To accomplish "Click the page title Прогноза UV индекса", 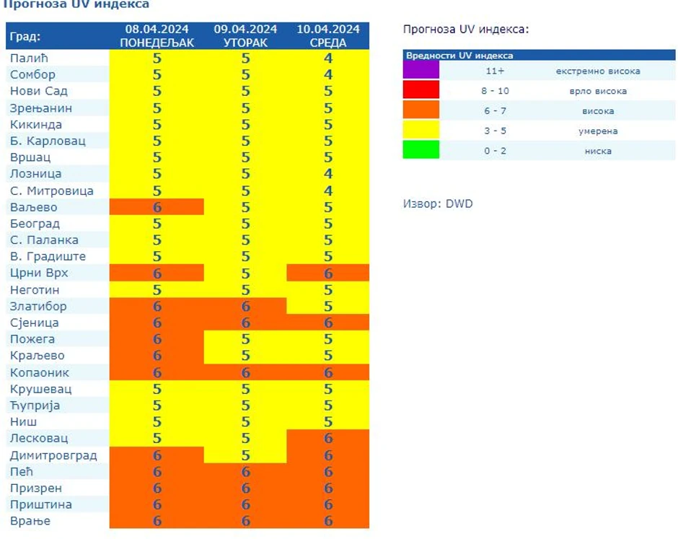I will (x=76, y=5).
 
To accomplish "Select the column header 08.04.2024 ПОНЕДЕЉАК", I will (x=157, y=36).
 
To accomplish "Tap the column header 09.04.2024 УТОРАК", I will (x=245, y=36).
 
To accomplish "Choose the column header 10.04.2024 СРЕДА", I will (x=328, y=36).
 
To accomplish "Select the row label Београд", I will (x=35, y=224).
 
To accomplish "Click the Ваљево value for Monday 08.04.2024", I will (x=157, y=207).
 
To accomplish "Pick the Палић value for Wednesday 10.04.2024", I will (x=328, y=58).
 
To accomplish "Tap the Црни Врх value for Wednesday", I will (x=328, y=273).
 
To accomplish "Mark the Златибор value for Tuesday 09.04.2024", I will (x=245, y=307).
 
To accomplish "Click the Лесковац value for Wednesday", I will (x=328, y=439).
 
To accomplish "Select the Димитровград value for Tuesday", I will (x=245, y=455).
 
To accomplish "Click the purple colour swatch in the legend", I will (x=421, y=71).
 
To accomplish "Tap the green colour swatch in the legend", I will (x=421, y=150).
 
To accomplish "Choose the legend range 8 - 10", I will (x=495, y=91).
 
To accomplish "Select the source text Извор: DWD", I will (x=437, y=204).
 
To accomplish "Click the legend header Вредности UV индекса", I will (x=459, y=56).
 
